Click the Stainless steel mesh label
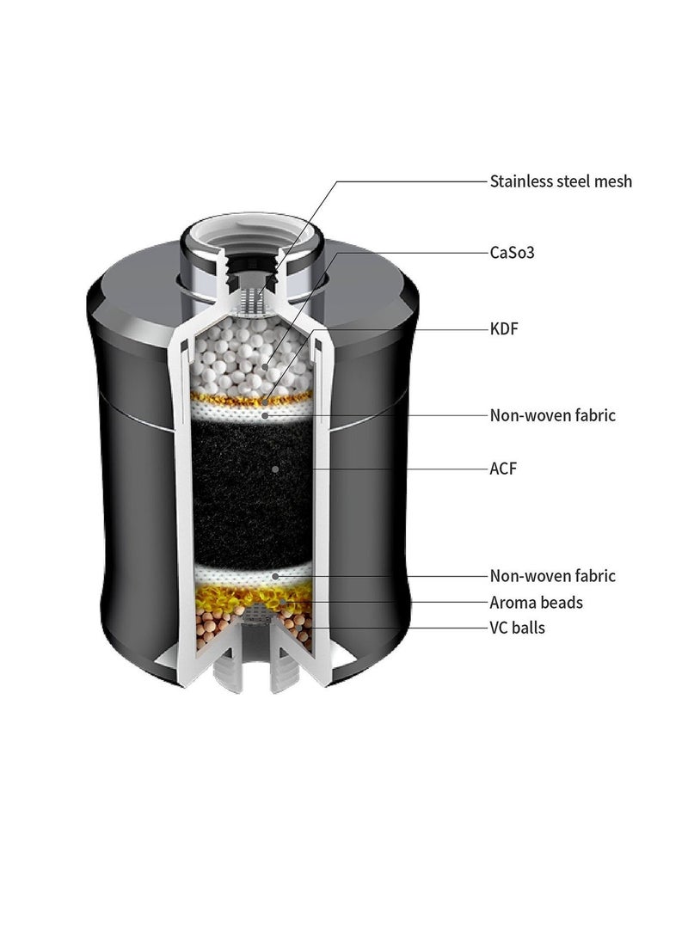[x=561, y=181]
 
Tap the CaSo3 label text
[x=512, y=253]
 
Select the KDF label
[x=504, y=329]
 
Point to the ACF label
[x=502, y=469]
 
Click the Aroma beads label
[x=536, y=603]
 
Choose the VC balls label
[x=518, y=628]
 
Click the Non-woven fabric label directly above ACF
[x=552, y=415]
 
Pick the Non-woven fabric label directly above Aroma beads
[x=552, y=576]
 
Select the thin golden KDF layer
[x=252, y=398]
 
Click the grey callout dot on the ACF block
[x=274, y=469]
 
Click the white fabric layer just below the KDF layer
[x=252, y=412]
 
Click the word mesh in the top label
[x=610, y=181]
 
